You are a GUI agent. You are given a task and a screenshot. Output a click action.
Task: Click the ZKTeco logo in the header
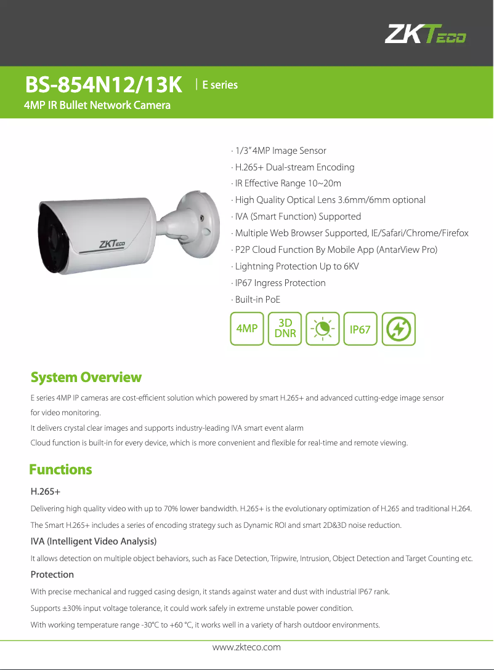(x=425, y=34)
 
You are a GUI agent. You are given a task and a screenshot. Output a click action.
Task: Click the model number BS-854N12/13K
(x=103, y=86)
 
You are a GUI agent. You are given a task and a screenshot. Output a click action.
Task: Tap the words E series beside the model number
(x=219, y=85)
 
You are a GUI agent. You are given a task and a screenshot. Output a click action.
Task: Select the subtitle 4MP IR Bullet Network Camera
(x=97, y=105)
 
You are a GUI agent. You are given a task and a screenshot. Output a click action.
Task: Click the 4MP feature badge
(x=247, y=329)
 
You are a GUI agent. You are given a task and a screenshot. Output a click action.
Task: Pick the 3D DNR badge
(x=285, y=329)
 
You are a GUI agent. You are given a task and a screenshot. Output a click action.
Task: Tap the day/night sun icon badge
(x=323, y=329)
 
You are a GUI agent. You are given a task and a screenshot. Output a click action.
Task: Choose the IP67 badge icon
(x=360, y=329)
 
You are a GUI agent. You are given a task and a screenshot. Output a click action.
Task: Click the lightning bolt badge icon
(x=399, y=329)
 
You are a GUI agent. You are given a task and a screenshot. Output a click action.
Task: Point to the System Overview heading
(x=86, y=377)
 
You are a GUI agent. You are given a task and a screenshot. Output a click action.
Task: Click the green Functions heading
(x=61, y=469)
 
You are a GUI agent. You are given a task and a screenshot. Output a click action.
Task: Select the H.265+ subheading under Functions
(x=45, y=492)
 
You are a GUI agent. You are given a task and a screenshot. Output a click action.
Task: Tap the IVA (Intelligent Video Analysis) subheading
(x=94, y=541)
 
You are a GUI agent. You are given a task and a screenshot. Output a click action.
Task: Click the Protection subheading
(x=52, y=575)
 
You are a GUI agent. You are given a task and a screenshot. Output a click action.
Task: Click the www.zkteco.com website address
(x=246, y=647)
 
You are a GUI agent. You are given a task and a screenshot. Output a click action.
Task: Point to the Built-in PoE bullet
(x=257, y=300)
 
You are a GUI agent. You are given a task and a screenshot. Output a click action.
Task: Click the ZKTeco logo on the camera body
(x=112, y=244)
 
